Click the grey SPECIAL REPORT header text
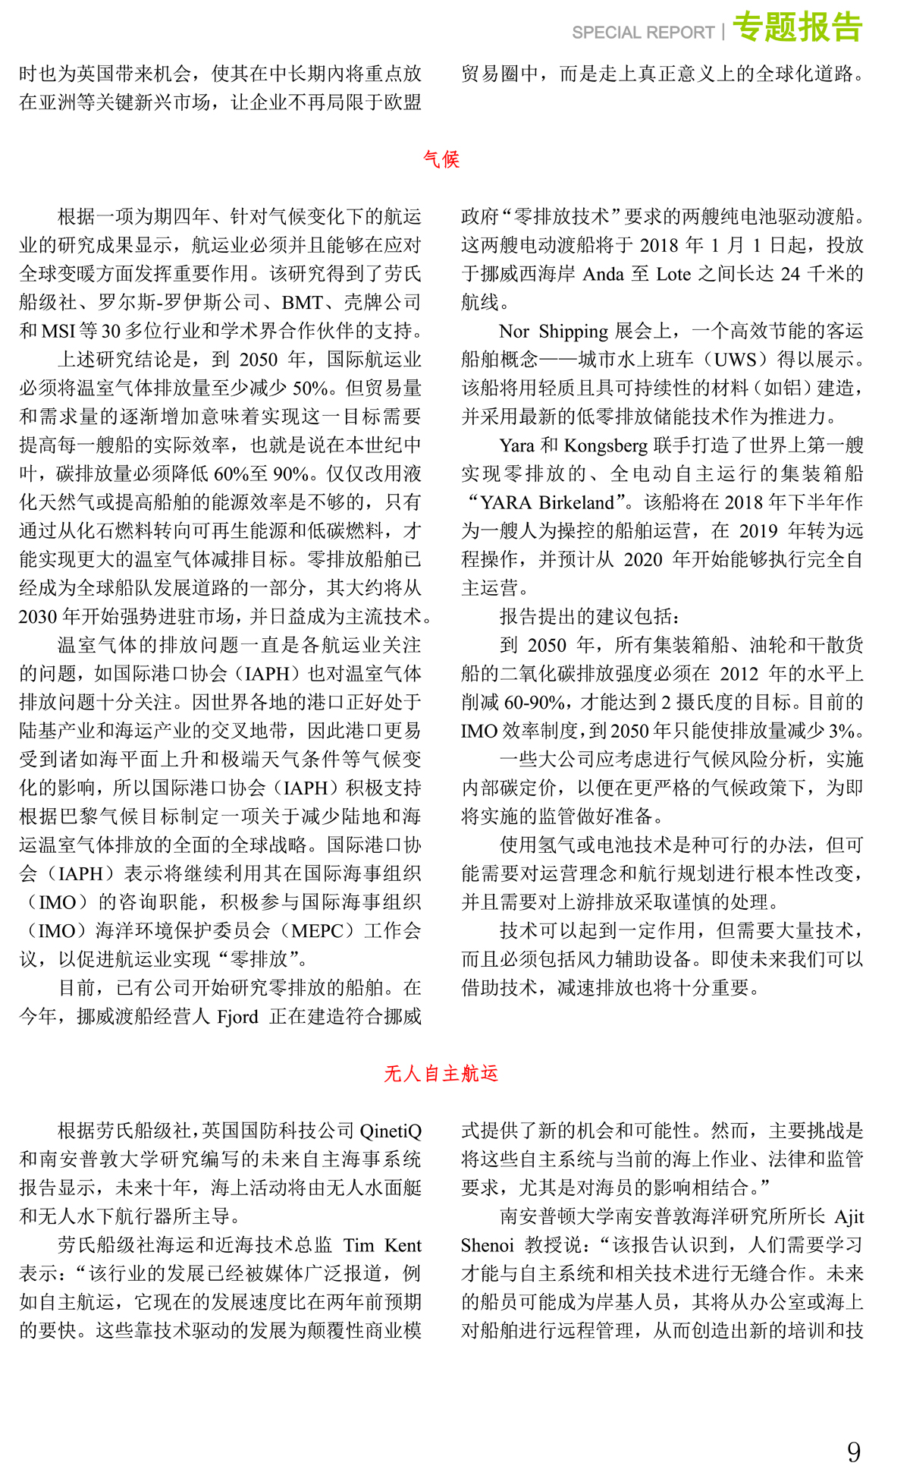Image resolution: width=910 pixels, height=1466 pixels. click(643, 33)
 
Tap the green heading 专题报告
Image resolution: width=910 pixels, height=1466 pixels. click(798, 28)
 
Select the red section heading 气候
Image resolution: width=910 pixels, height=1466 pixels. click(441, 159)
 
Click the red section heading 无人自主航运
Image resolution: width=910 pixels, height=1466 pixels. click(441, 1074)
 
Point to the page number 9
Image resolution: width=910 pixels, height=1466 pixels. click(854, 1450)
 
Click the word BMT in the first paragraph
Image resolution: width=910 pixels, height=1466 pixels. click(302, 303)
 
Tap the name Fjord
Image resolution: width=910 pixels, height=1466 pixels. click(237, 1017)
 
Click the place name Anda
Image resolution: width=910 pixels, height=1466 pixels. click(603, 274)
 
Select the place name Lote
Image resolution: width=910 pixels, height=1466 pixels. click(673, 274)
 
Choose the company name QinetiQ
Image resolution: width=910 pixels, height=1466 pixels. click(391, 1131)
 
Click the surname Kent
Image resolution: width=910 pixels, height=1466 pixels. click(403, 1246)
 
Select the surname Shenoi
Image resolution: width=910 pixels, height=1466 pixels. click(488, 1246)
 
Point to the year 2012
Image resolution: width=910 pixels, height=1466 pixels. click(739, 674)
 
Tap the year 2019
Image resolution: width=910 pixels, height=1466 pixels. click(760, 531)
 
